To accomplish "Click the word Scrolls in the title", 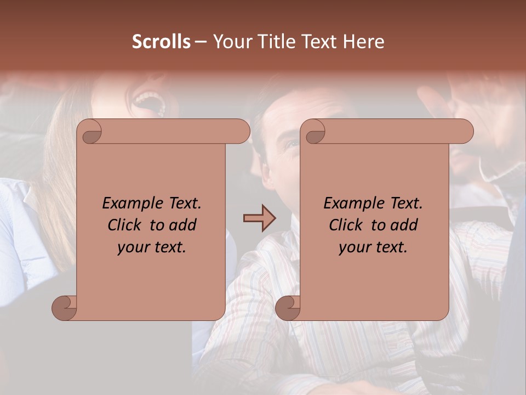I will [x=161, y=42].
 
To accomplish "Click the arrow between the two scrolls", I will [x=259, y=219].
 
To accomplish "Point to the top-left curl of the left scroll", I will [x=90, y=132].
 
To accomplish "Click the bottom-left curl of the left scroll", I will [x=64, y=308].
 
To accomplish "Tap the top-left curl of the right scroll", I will [x=314, y=132].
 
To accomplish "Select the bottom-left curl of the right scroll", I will [x=288, y=308].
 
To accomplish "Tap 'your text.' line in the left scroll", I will [x=152, y=247].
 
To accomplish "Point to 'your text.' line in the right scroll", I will [x=373, y=247].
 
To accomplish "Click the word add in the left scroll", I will [x=182, y=225].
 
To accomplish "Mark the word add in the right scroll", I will [x=404, y=225].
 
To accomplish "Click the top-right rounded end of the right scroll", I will [x=464, y=132].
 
